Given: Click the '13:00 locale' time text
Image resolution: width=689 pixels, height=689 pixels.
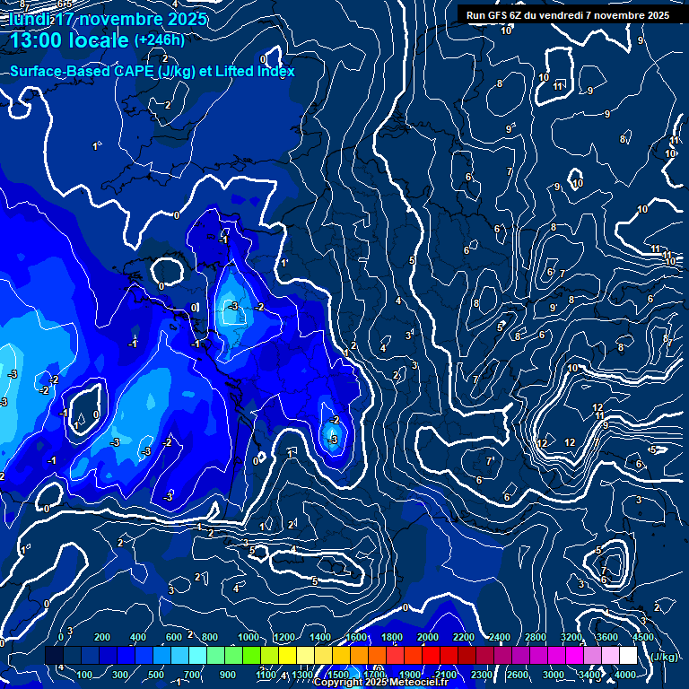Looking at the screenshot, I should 68,40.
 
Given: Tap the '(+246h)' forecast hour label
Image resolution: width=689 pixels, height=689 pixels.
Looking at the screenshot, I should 160,39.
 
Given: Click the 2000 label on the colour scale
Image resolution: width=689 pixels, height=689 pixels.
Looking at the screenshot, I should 427,637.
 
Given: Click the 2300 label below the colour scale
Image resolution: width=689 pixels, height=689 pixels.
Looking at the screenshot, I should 481,674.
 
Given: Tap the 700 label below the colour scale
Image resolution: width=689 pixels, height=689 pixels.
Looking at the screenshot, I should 192,674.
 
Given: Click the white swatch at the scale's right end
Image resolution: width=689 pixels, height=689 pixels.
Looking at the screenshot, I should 628,655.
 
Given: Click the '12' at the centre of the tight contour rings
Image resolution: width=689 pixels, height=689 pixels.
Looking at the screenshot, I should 598,408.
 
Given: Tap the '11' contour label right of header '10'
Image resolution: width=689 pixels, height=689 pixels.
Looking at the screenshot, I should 558,86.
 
